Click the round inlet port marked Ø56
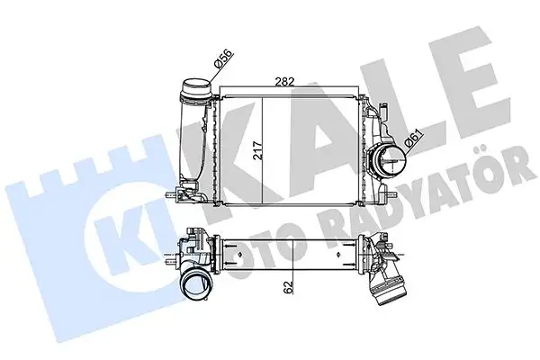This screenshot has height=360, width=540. tap(197, 90)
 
